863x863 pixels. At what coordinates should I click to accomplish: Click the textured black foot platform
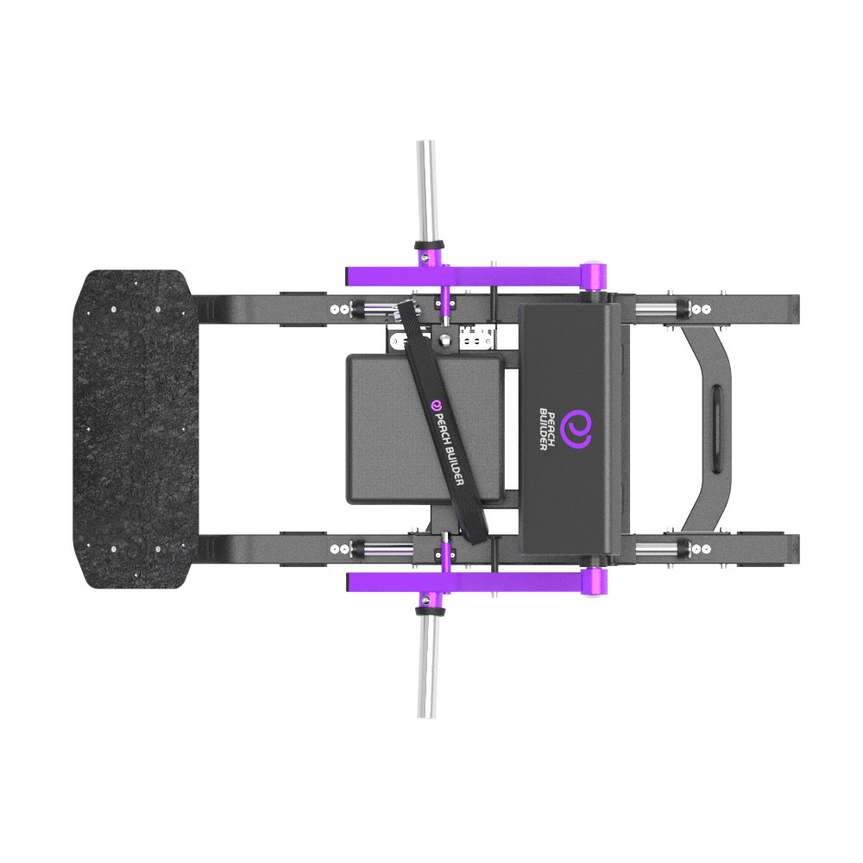click(136, 429)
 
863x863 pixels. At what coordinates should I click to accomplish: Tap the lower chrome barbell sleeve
click(426, 668)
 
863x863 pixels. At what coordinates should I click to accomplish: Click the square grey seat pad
click(425, 429)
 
